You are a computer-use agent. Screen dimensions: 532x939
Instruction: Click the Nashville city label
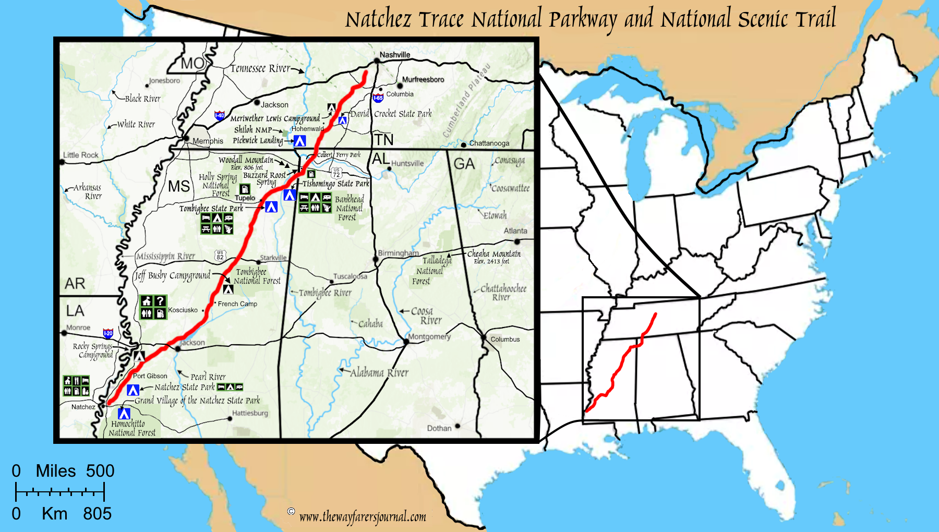(394, 55)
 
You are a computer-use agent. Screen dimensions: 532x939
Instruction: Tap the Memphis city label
(208, 141)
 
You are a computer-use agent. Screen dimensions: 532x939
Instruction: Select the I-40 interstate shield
(220, 116)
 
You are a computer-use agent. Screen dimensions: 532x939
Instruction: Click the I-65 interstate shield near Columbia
(378, 98)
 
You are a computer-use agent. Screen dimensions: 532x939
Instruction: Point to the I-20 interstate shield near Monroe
(108, 333)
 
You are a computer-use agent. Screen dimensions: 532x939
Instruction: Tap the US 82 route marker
(220, 255)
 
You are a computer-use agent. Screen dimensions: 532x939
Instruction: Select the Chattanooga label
(489, 143)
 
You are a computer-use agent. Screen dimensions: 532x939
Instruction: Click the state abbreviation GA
(464, 164)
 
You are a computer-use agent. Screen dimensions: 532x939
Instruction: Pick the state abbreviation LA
(75, 311)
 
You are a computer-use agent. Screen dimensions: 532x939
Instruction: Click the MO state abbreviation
(192, 64)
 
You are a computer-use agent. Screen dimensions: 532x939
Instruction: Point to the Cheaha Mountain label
(493, 254)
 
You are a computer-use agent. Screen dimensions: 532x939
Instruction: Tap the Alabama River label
(379, 373)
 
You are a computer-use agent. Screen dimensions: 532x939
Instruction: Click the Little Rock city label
(81, 155)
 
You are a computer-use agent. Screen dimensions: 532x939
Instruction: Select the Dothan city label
(439, 428)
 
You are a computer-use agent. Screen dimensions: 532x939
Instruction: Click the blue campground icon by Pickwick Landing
(299, 141)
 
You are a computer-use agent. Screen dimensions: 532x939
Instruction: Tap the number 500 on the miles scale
(100, 471)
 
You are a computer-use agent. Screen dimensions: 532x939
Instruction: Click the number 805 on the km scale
(97, 514)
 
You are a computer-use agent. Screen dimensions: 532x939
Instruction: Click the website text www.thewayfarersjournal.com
(363, 517)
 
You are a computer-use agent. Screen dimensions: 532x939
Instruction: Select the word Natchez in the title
(379, 20)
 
